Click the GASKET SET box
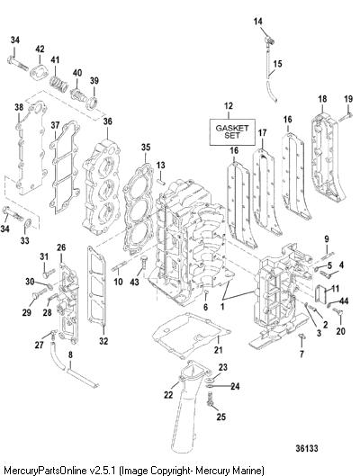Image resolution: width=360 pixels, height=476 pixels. tap(232, 132)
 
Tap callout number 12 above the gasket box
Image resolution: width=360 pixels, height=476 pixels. tap(229, 106)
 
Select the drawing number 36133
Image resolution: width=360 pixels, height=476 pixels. tap(307, 448)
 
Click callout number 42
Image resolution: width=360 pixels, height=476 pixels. tap(40, 49)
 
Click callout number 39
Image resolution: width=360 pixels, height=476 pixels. tap(94, 81)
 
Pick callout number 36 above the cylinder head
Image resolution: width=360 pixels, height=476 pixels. tap(107, 121)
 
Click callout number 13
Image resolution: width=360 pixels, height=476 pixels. tap(160, 166)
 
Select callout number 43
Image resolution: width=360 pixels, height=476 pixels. tap(134, 282)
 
